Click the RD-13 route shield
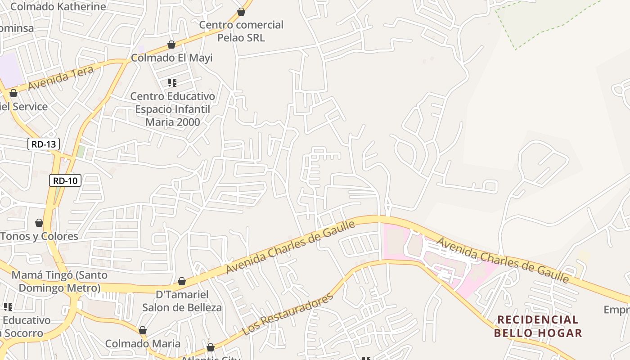pos(44,144)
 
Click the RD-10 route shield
pos(65,181)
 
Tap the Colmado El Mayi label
pos(171,58)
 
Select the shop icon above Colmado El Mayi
pos(171,45)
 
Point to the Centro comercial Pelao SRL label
pos(241,31)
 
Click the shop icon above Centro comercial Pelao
pos(241,12)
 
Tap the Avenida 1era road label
pos(61,78)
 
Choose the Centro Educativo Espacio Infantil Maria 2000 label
pos(173,109)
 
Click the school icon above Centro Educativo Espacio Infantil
pos(172,82)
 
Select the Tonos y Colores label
pos(40,236)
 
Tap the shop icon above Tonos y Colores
pos(39,223)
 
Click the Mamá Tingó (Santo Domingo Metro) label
pos(59,281)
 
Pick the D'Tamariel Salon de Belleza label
pos(182,301)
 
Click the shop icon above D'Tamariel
pos(182,281)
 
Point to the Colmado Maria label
pos(143,343)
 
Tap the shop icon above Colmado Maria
pos(143,330)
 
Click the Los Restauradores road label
pos(288,314)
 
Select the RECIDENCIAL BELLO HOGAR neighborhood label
pos(538,326)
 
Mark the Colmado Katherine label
pos(58,7)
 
